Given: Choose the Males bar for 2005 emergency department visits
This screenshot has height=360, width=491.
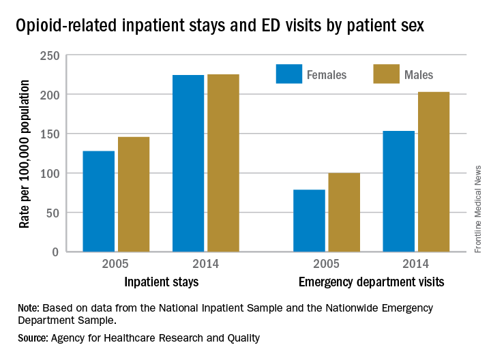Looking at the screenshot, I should pyautogui.click(x=344, y=212).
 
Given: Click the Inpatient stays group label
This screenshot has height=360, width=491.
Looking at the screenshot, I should pyautogui.click(x=161, y=282).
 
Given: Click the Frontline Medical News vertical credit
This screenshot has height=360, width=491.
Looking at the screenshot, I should pyautogui.click(x=477, y=209).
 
